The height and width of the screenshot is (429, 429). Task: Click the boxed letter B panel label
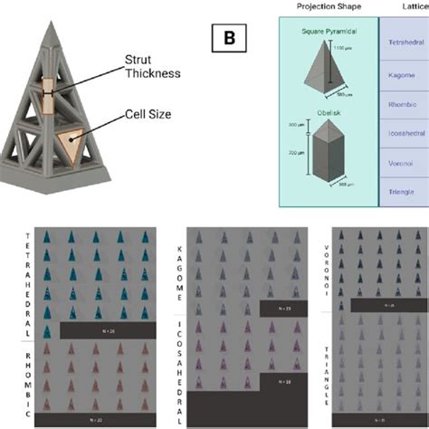pyautogui.click(x=226, y=39)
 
